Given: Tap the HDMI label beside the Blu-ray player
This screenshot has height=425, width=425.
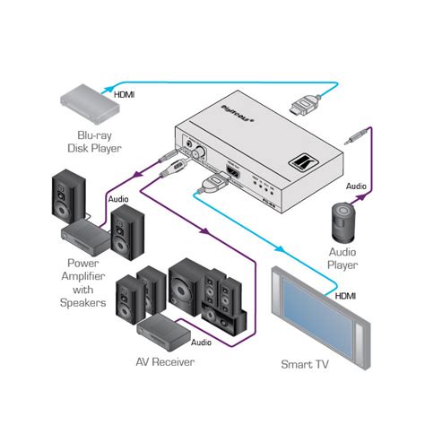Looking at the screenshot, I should pos(126,92).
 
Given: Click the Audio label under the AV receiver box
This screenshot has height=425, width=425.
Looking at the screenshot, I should pos(201,342).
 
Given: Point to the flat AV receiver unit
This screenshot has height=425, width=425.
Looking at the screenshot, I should pos(160,329).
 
